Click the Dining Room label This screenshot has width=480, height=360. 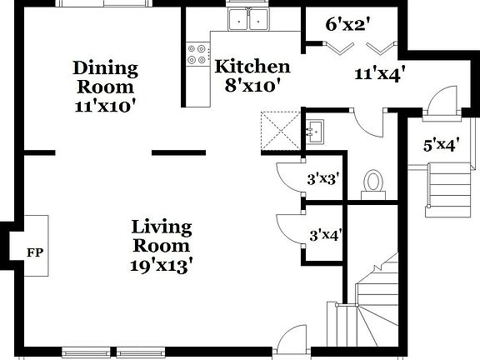coord(105,77)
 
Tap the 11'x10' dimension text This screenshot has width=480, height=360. coord(105,105)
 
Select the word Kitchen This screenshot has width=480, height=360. coord(252,67)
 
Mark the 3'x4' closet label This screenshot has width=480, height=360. coord(324,235)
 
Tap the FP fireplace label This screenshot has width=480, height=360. coord(34,251)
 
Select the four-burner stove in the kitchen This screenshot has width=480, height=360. coord(198,54)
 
